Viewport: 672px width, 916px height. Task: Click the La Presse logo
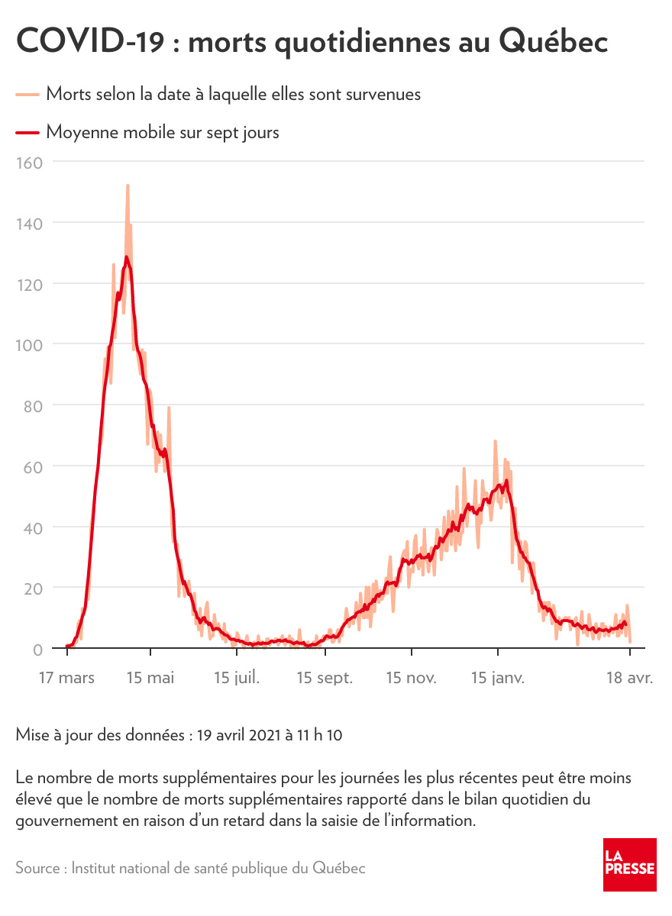(629, 864)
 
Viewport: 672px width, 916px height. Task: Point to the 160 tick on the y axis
(30, 162)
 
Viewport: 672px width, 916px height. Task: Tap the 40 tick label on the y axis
(33, 527)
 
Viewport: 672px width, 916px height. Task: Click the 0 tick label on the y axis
(37, 649)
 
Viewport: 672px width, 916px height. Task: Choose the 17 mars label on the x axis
(68, 678)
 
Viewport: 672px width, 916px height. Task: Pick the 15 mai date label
(151, 678)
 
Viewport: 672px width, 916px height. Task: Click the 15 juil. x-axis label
(237, 678)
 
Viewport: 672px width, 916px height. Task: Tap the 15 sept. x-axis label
(325, 678)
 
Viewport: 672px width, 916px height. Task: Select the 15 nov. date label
(411, 678)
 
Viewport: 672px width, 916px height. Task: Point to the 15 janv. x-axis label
(498, 678)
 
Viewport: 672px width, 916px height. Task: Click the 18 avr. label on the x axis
(628, 678)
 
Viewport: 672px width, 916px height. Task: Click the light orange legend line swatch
(27, 95)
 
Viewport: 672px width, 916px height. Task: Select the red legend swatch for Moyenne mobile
(27, 133)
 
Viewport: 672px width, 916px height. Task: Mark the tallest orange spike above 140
(128, 185)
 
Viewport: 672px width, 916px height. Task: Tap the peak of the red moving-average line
(127, 257)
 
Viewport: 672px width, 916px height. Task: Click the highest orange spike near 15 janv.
(496, 441)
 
